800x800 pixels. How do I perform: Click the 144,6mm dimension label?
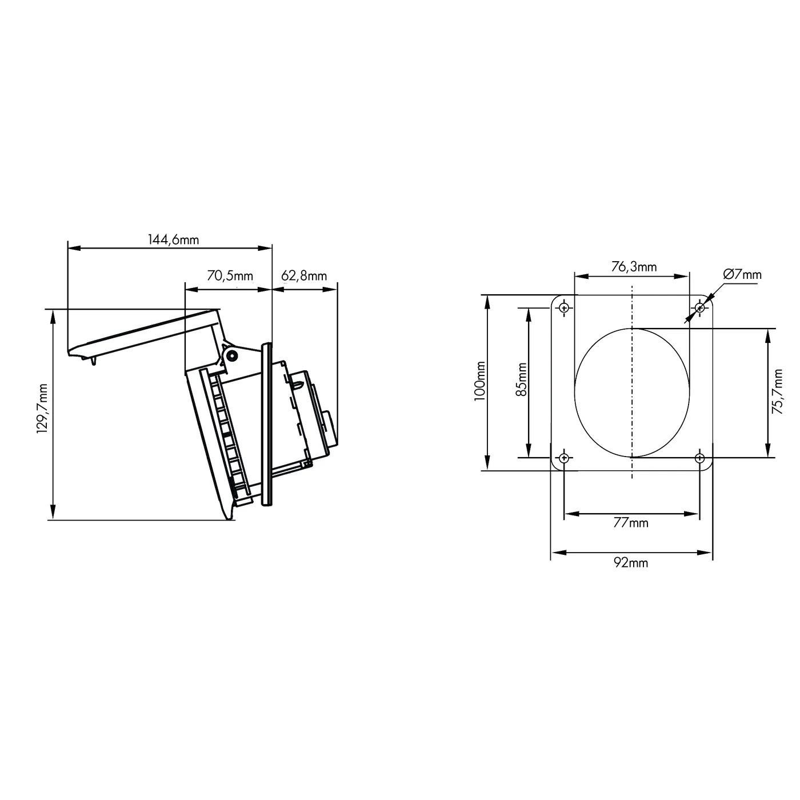coord(174,240)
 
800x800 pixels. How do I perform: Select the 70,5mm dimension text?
coord(230,277)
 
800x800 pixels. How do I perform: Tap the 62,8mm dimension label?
coord(304,277)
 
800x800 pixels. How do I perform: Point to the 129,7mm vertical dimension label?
coord(42,409)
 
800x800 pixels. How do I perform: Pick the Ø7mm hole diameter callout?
coord(742,274)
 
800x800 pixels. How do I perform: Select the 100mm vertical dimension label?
coord(480,382)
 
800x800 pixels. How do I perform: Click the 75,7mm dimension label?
coord(777,392)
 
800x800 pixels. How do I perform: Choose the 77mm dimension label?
coord(631,522)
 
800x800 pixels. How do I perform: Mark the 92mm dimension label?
coord(631,563)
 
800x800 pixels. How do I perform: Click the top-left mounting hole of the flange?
coord(564,309)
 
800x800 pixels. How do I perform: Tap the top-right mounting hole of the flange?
coord(699,309)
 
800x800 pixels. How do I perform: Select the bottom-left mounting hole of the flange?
coord(564,458)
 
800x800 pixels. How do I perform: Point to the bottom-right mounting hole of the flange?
coord(699,458)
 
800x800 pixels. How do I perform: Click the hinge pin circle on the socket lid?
coord(231,356)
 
